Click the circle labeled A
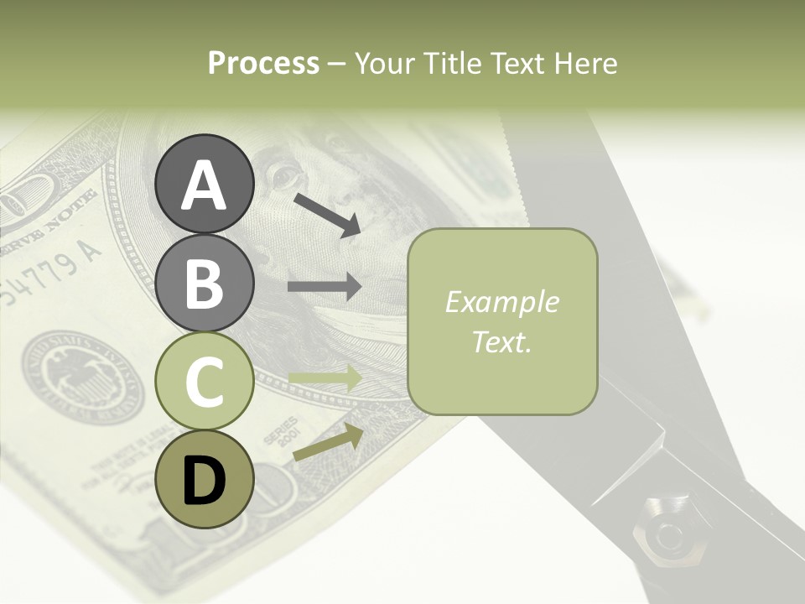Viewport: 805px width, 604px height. [204, 184]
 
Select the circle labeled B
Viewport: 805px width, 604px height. [204, 283]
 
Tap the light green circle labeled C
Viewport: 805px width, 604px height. [204, 382]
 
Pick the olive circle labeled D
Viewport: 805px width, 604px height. [204, 479]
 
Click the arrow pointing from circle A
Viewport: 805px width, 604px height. [326, 215]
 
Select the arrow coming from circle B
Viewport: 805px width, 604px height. [325, 287]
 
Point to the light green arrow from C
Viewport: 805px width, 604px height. [325, 379]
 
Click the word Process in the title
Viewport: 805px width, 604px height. [263, 63]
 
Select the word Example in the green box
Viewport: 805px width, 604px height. [501, 302]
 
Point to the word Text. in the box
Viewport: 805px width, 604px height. [501, 341]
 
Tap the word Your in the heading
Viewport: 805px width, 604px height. [387, 63]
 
